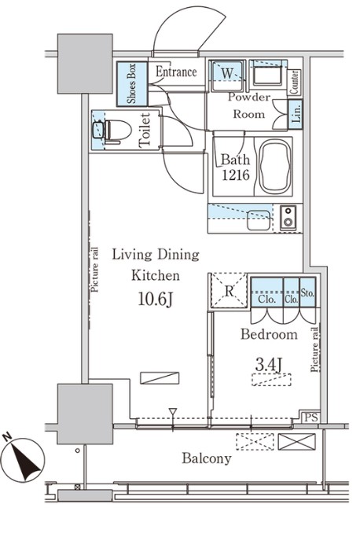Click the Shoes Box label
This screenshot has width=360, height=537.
132,83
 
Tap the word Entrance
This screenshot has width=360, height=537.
176,72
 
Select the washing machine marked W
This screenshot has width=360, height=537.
227,75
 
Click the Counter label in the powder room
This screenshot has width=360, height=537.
295,83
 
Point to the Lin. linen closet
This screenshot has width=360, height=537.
296,114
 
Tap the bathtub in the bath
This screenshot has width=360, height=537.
275,167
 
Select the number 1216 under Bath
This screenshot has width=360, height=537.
236,175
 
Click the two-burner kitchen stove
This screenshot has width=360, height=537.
288,218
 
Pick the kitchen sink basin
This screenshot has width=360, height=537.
259,220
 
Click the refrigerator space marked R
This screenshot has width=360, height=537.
229,290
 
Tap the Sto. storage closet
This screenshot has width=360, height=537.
307,292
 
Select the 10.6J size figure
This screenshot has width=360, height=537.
156,299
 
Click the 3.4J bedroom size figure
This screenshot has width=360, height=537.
269,364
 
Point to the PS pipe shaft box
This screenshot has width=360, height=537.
311,417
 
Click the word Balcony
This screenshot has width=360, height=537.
207,458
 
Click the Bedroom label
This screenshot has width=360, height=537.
269,334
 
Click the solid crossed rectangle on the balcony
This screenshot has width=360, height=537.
296,441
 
